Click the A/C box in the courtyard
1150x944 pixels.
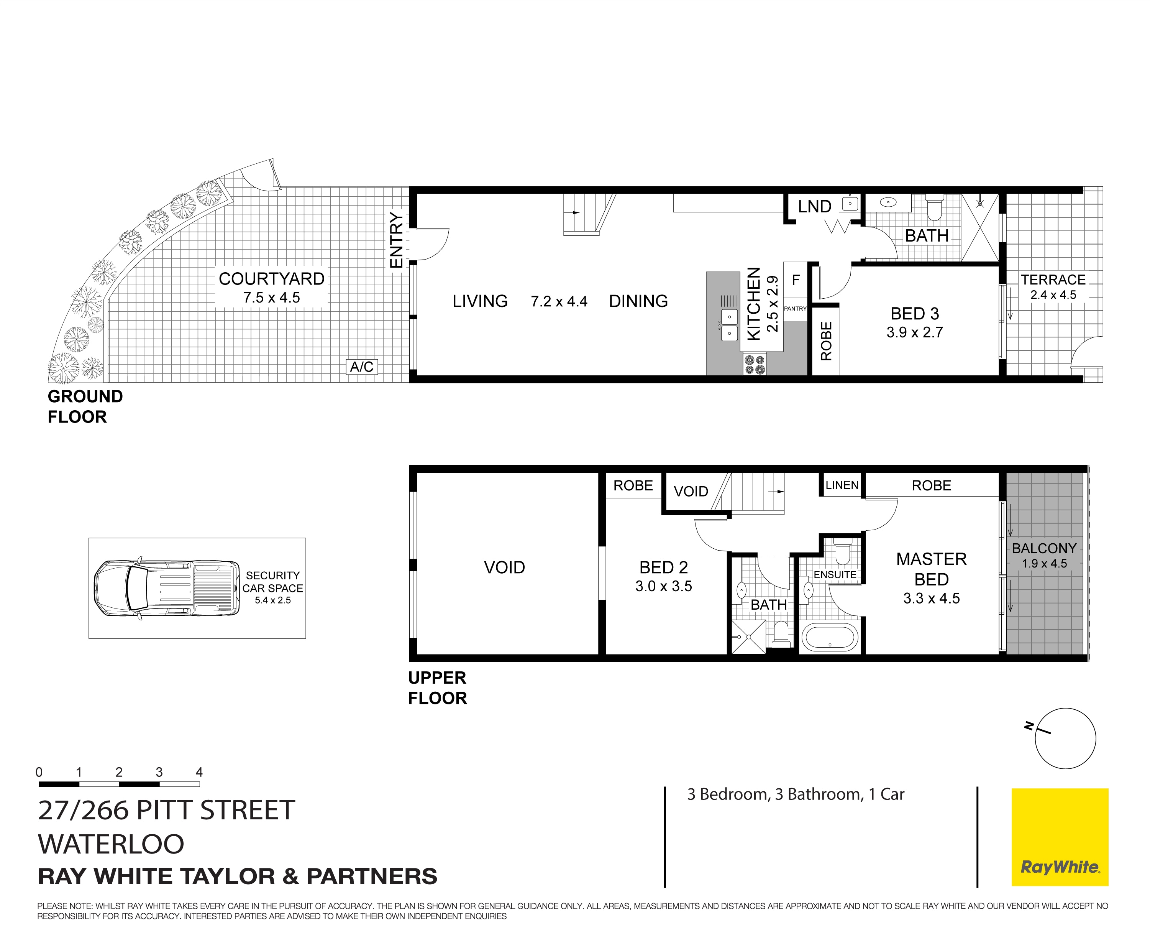click(361, 367)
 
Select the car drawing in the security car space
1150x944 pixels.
click(166, 588)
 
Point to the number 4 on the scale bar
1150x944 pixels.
click(199, 772)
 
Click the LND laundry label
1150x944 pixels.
click(814, 207)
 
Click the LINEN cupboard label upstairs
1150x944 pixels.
click(842, 485)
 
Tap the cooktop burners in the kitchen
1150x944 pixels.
click(755, 365)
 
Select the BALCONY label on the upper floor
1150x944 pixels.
click(1044, 548)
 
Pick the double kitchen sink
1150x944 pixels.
click(729, 325)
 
